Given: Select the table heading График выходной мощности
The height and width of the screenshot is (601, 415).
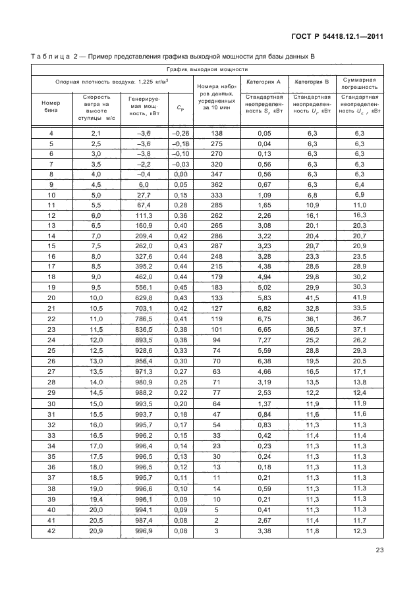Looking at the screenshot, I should pos(207,69).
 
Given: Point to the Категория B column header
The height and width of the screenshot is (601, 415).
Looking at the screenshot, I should pos(312,82).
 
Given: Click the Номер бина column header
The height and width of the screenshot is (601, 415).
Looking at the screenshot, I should pos(51,107).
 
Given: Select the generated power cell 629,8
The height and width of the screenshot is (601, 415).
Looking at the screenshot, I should pos(144,298).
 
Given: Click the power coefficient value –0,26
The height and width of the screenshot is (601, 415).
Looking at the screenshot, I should pos(180,134).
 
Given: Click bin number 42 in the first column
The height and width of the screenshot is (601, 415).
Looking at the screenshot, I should pos(51,531).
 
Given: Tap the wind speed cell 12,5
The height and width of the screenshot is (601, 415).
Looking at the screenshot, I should pos(96,352).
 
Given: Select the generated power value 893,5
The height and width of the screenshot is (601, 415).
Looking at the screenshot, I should pos(144,339).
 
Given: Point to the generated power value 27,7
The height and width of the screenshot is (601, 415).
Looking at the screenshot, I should pos(144,196).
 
